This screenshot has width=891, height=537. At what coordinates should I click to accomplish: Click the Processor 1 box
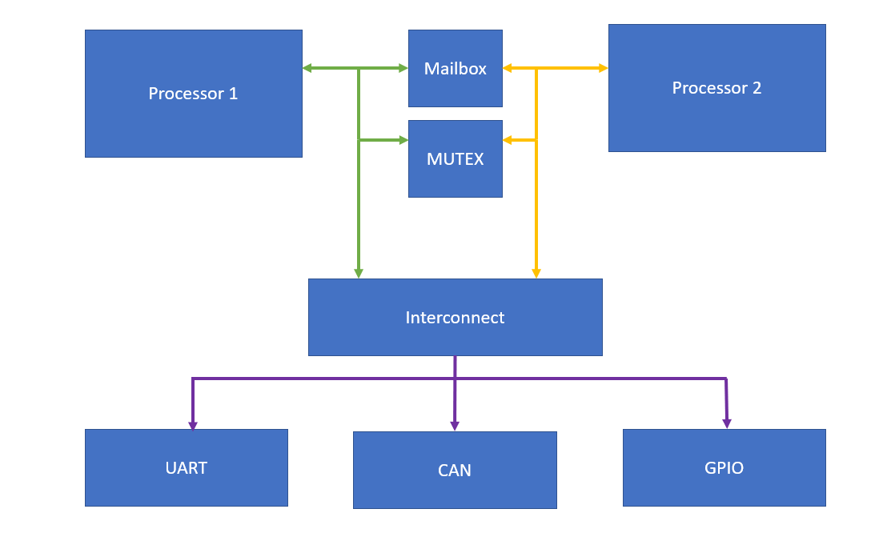193,94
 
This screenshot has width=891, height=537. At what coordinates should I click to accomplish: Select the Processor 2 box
716,88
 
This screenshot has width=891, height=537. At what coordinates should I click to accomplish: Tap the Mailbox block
455,69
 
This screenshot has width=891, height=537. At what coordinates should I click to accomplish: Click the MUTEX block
455,158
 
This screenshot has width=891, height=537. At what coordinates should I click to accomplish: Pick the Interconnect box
455,317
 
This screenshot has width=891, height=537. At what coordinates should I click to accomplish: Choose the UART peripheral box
186,467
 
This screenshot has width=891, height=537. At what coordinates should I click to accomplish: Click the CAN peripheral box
454,470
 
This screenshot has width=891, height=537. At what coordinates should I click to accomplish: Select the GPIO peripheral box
724,467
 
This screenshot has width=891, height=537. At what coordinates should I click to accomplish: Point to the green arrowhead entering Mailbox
403,69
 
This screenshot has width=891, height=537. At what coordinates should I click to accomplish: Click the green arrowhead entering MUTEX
403,140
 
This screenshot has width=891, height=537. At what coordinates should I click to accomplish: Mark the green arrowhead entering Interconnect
359,273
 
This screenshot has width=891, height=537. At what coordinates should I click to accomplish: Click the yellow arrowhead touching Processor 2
602,69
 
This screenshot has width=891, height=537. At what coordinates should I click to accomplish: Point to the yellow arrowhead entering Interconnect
536,273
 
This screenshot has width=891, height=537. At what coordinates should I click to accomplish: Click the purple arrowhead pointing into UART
192,425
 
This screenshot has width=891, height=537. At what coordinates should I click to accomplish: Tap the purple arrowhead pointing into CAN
455,426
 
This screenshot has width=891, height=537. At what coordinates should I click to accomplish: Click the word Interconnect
455,318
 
